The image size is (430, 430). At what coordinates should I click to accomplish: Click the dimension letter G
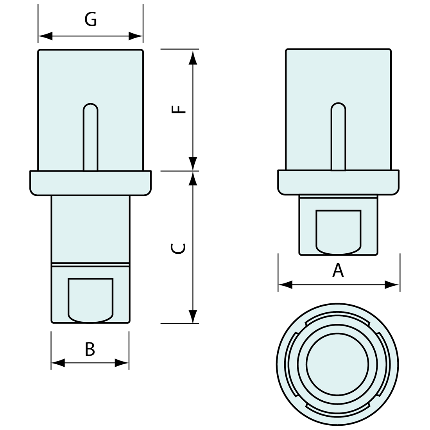click(91, 20)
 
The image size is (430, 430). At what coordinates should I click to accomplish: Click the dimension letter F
click(178, 109)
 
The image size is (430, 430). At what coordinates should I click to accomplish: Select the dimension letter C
click(178, 248)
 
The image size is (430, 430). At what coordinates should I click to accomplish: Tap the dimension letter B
click(90, 349)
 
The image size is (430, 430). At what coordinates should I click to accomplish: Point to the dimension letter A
click(338, 270)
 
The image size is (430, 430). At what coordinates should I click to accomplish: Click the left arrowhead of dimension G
click(45, 36)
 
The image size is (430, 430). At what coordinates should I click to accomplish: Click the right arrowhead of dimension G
click(136, 36)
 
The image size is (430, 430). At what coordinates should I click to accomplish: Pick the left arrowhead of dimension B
click(58, 363)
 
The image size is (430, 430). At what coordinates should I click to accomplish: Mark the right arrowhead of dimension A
click(392, 285)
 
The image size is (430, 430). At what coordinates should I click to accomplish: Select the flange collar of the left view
click(90, 183)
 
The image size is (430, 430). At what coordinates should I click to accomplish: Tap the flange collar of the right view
click(338, 182)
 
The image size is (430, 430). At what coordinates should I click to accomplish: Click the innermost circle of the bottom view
click(338, 364)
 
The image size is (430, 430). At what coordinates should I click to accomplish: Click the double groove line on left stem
click(90, 265)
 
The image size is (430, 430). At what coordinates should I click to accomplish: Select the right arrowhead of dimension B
click(122, 363)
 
